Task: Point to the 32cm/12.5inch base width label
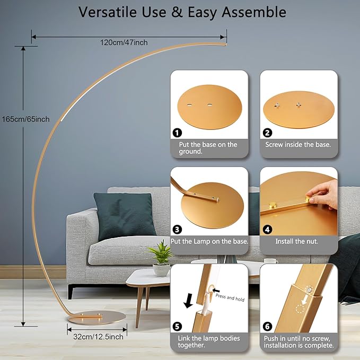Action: pos(95,336)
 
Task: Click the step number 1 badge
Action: pos(177,133)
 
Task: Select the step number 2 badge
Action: pos(267,133)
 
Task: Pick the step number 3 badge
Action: pos(177,230)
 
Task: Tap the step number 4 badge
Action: pos(267,230)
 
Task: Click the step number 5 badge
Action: pos(177,326)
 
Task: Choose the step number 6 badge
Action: pos(267,326)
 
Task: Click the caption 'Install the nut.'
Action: pos(296,241)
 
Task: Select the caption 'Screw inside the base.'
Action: pos(298,144)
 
